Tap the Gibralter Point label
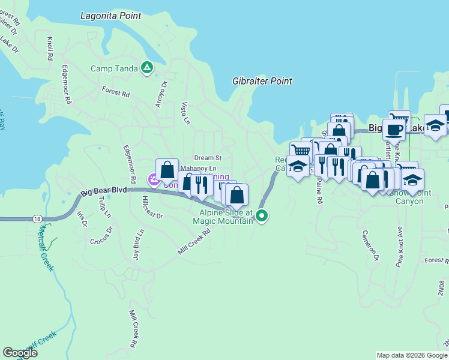[x=262, y=81]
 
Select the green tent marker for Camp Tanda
[x=146, y=68]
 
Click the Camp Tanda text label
[x=114, y=68]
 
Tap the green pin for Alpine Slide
[x=261, y=215]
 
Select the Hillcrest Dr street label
[x=152, y=207]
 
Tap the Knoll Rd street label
[x=50, y=50]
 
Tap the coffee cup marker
[x=394, y=128]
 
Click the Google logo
[x=20, y=353]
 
